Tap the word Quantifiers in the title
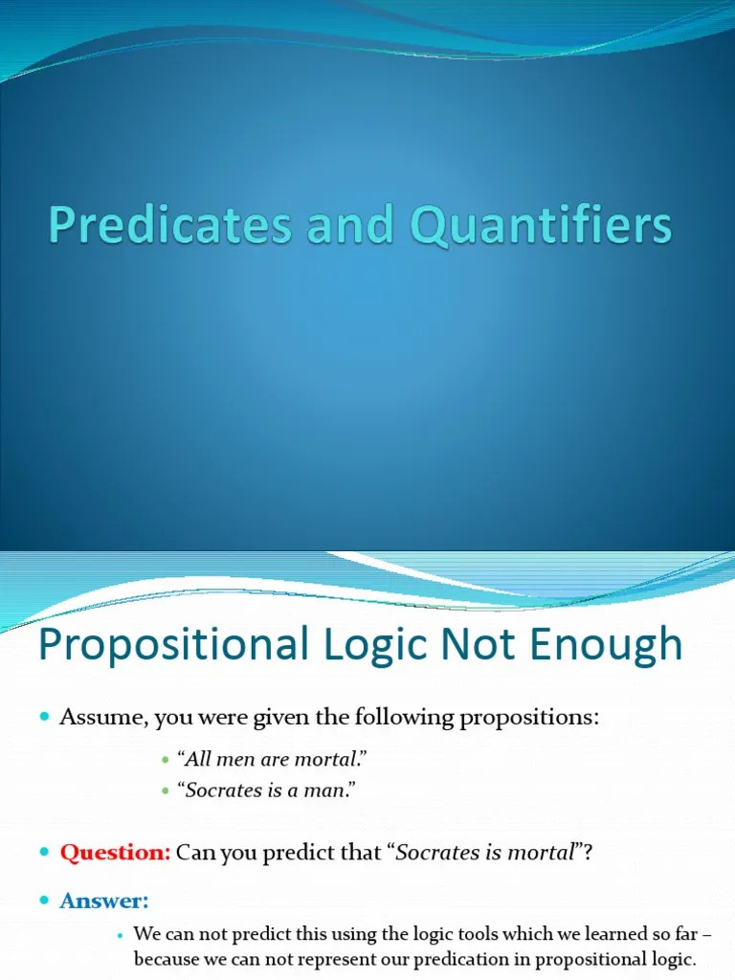(x=542, y=227)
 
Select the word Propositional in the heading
(x=168, y=645)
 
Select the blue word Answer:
(x=105, y=901)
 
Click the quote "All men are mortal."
(x=273, y=760)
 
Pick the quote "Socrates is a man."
(x=273, y=791)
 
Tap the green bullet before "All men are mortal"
(x=166, y=761)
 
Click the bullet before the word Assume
(x=44, y=719)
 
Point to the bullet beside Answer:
(x=44, y=902)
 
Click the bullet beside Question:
(x=44, y=853)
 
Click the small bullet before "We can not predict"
(x=121, y=934)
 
